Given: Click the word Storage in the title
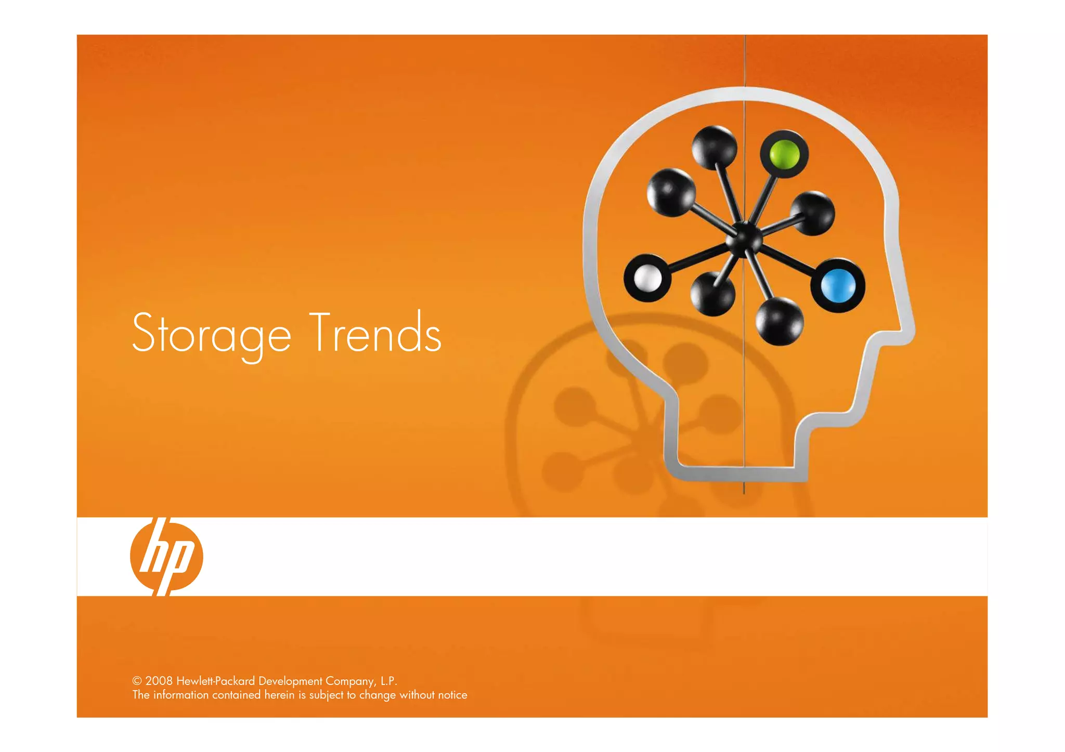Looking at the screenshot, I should (x=211, y=334).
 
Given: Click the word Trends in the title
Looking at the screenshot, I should (x=375, y=333).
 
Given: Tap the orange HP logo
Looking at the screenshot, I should (x=166, y=556).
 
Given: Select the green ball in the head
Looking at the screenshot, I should (x=784, y=154).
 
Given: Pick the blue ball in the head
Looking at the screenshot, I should (x=838, y=285).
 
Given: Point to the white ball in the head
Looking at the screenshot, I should (x=647, y=278).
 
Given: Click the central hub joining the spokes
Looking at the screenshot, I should (x=744, y=238).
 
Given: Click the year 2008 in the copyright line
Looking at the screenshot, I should (x=159, y=681).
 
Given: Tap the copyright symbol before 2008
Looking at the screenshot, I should (x=137, y=681).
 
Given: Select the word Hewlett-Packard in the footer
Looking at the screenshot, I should (x=215, y=681).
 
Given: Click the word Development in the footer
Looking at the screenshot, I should (x=290, y=681).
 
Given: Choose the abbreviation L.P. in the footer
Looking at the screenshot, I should (x=388, y=681).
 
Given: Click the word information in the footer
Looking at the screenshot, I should (x=180, y=695).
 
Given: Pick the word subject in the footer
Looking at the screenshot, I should (x=326, y=695).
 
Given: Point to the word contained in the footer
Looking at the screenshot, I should (x=236, y=695).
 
